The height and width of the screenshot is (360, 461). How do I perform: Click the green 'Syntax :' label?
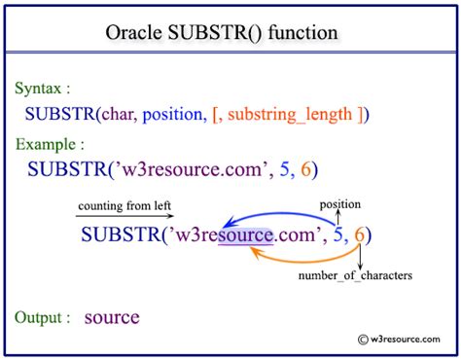(45, 89)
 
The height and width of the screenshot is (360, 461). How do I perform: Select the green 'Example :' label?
(49, 145)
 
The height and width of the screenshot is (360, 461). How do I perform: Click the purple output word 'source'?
(112, 317)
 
